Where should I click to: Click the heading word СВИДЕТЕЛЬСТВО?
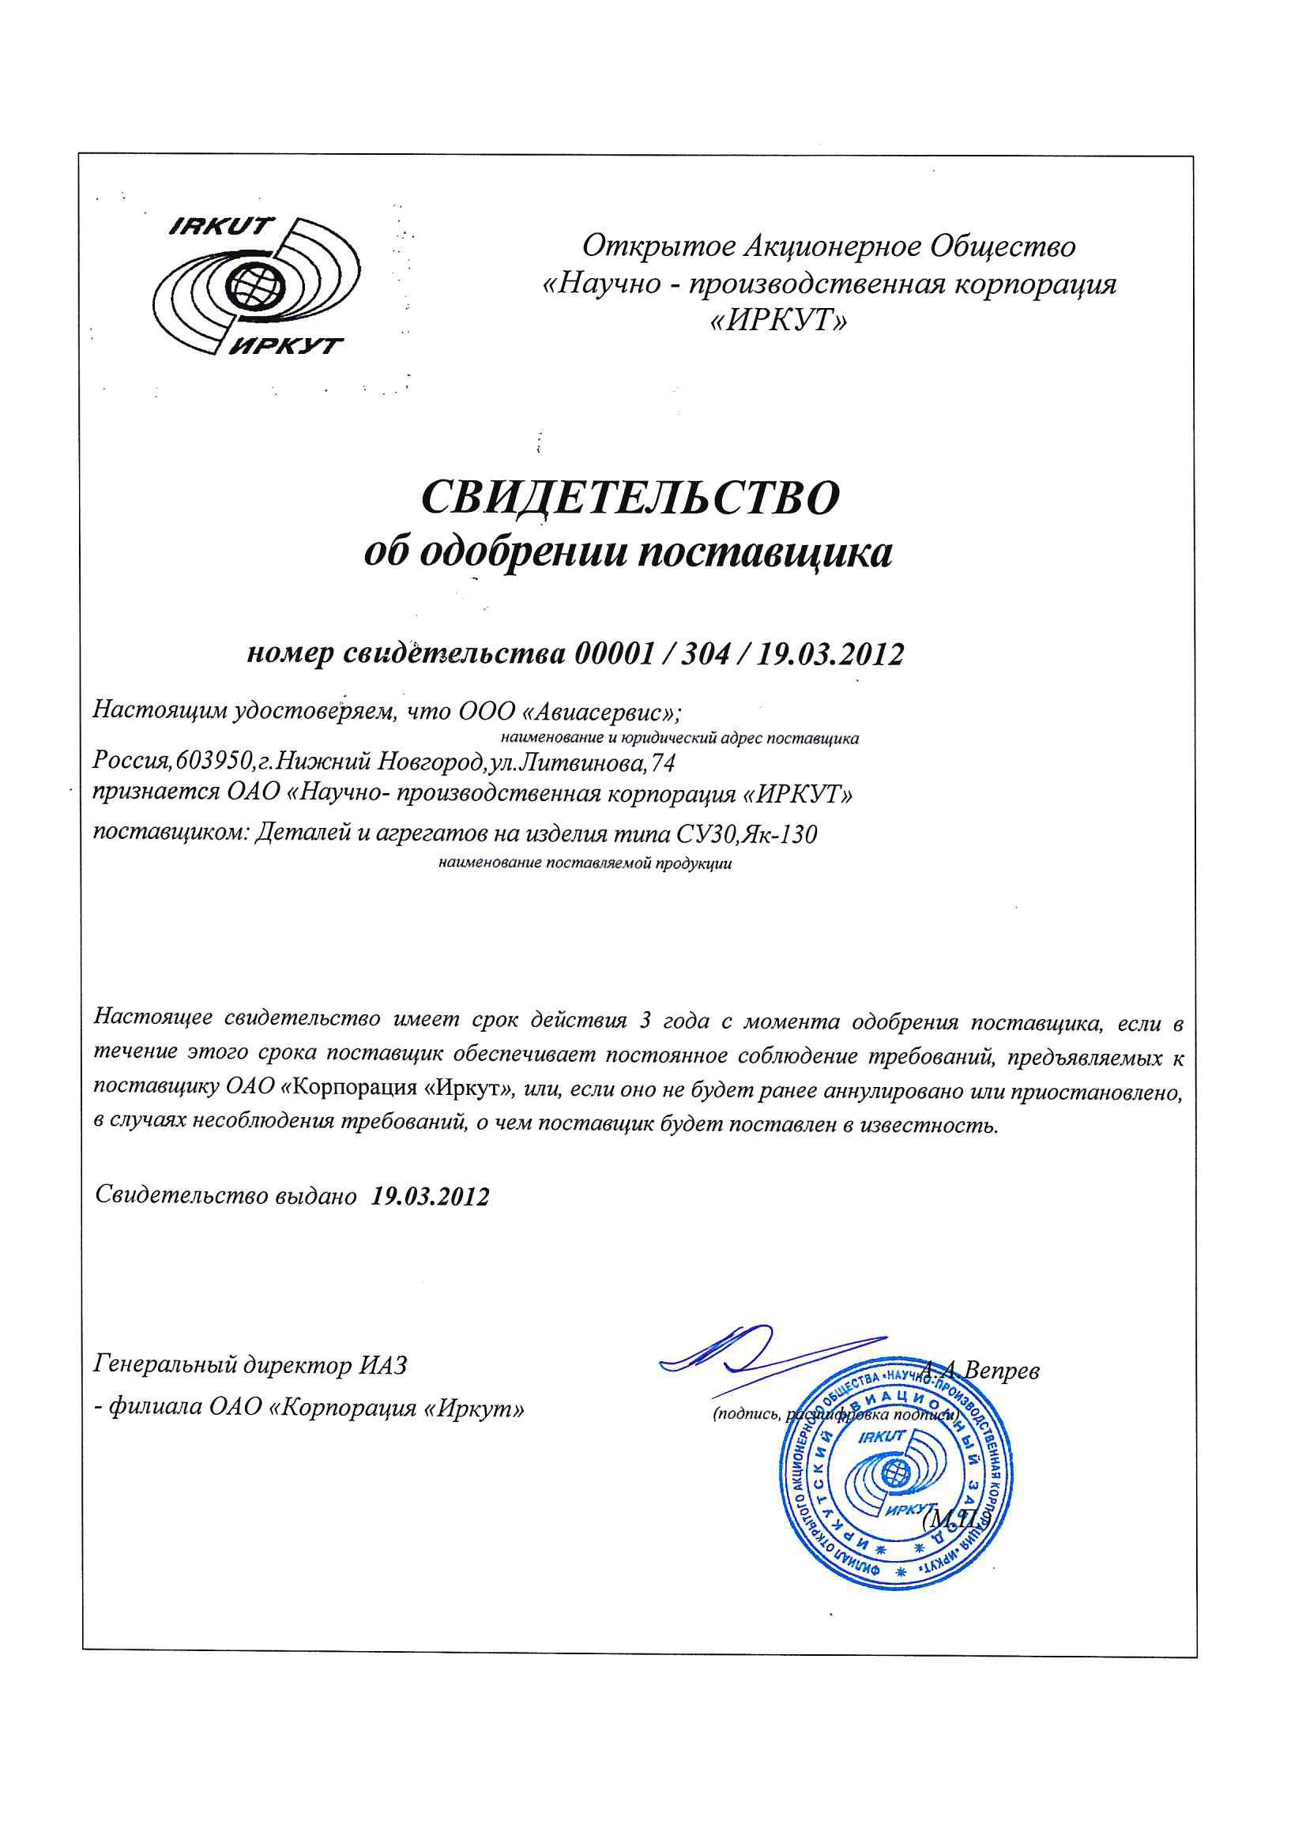coord(630,498)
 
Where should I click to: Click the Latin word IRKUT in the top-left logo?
coord(222,226)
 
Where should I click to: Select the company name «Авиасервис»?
coord(595,712)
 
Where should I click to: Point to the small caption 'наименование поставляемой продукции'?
coord(585,866)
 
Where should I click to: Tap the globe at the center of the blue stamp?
coord(894,1475)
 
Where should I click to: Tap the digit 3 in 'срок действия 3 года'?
coord(644,1022)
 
